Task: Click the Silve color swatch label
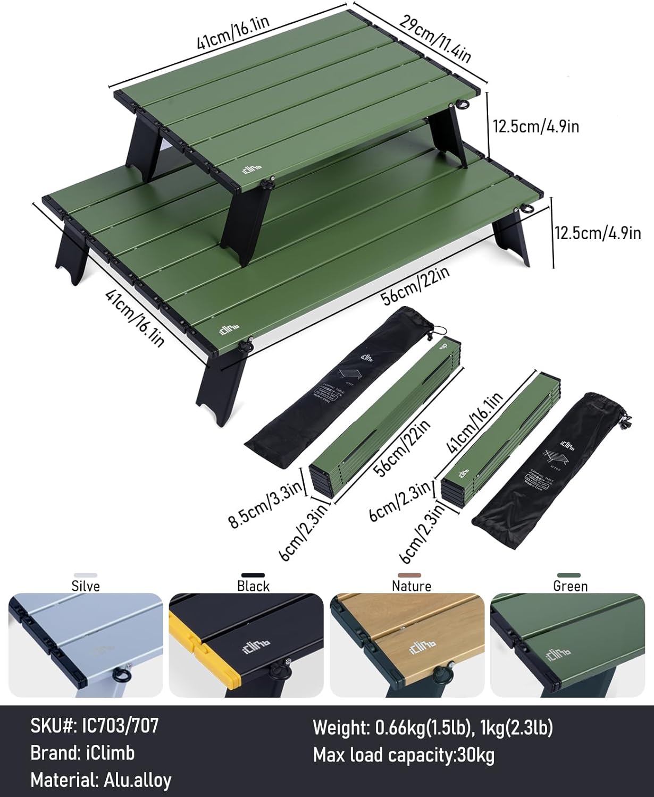click(x=86, y=586)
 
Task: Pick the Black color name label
click(x=253, y=586)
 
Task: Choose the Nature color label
click(x=411, y=586)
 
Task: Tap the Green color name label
click(x=570, y=586)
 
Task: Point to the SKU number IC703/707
click(x=95, y=725)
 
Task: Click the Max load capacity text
click(x=404, y=755)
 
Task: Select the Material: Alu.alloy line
click(x=101, y=781)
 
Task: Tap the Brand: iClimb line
click(x=82, y=753)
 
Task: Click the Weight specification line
click(x=432, y=727)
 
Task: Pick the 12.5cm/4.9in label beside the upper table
click(x=535, y=126)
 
